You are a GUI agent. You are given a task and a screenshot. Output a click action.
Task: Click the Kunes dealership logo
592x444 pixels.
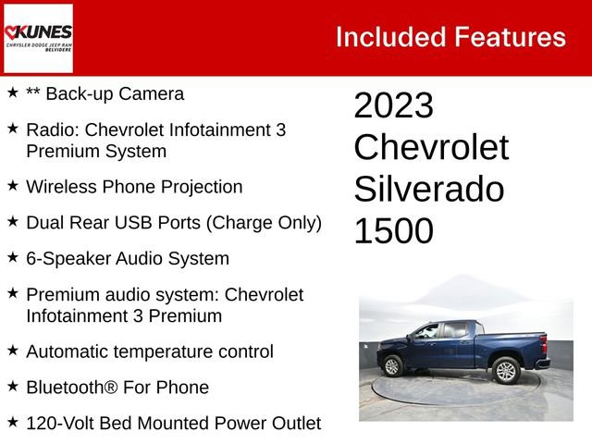(x=38, y=37)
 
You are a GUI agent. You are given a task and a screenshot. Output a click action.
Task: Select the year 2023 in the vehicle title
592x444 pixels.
(x=393, y=106)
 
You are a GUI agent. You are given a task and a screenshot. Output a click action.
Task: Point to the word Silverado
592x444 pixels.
(x=429, y=190)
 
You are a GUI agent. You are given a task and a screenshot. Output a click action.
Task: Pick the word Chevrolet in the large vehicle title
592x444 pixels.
(x=431, y=148)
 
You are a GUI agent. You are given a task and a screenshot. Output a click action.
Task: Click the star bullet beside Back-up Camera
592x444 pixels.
(x=13, y=93)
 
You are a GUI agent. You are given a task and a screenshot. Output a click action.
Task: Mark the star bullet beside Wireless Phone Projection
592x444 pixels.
(x=13, y=187)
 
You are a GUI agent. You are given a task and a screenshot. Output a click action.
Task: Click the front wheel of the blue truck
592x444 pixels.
(x=393, y=366)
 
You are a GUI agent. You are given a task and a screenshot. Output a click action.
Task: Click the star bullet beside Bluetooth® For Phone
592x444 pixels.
(x=13, y=388)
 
